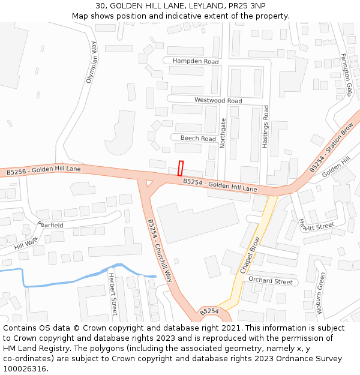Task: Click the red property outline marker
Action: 181,168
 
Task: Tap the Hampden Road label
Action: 196,61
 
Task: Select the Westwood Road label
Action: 218,101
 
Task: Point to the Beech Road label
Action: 198,139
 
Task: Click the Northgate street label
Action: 224,133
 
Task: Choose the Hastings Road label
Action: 266,127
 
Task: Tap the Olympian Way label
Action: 91,62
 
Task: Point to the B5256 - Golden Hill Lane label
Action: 43,171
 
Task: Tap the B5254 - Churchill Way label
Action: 160,251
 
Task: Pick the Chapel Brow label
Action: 251,256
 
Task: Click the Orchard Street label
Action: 270,281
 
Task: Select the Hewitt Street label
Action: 316,226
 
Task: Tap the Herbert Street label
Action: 113,294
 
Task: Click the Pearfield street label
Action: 50,224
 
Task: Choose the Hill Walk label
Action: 26,243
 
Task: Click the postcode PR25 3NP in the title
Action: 245,6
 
